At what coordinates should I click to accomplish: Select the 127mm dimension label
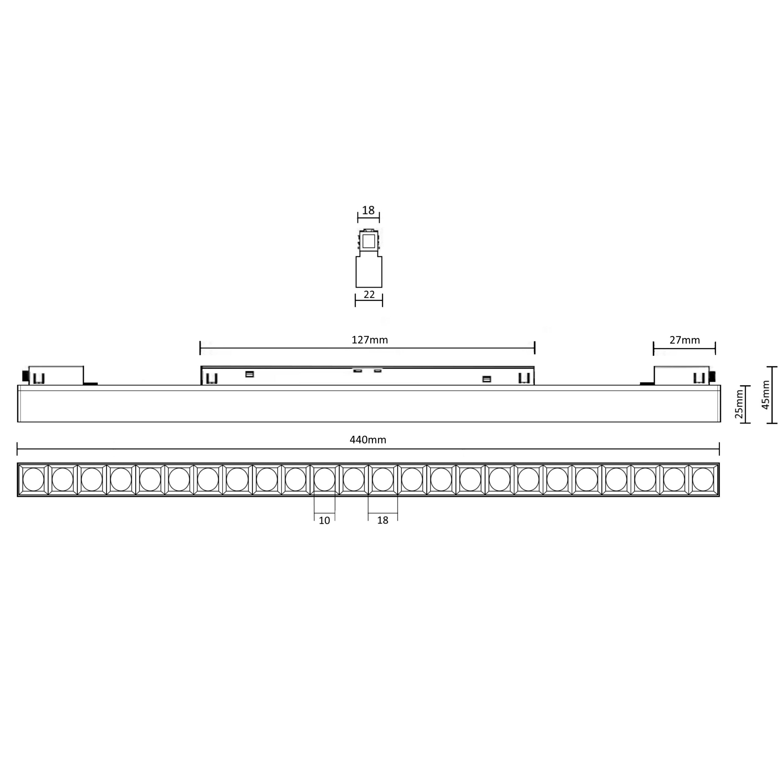coord(369,340)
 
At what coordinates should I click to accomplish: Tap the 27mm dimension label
coord(684,340)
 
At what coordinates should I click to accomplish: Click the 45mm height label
coord(765,395)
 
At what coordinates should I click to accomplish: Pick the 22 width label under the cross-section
coord(369,295)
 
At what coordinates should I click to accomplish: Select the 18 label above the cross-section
coord(368,210)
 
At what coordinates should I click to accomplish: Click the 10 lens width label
coord(324,521)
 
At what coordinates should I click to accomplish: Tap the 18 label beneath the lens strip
coord(383,520)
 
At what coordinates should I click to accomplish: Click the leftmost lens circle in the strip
coord(33,479)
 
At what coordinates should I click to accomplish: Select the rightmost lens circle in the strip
coord(703,479)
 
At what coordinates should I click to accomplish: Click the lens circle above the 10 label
coord(324,479)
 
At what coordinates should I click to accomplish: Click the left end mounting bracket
coord(56,375)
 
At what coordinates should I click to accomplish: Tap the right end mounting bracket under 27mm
coord(682,375)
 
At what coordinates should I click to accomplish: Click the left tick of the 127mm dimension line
coord(200,348)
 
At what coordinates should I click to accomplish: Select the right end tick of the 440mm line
coord(719,449)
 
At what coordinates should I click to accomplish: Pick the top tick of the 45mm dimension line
coord(772,367)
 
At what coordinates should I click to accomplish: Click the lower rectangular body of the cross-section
coord(369,272)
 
